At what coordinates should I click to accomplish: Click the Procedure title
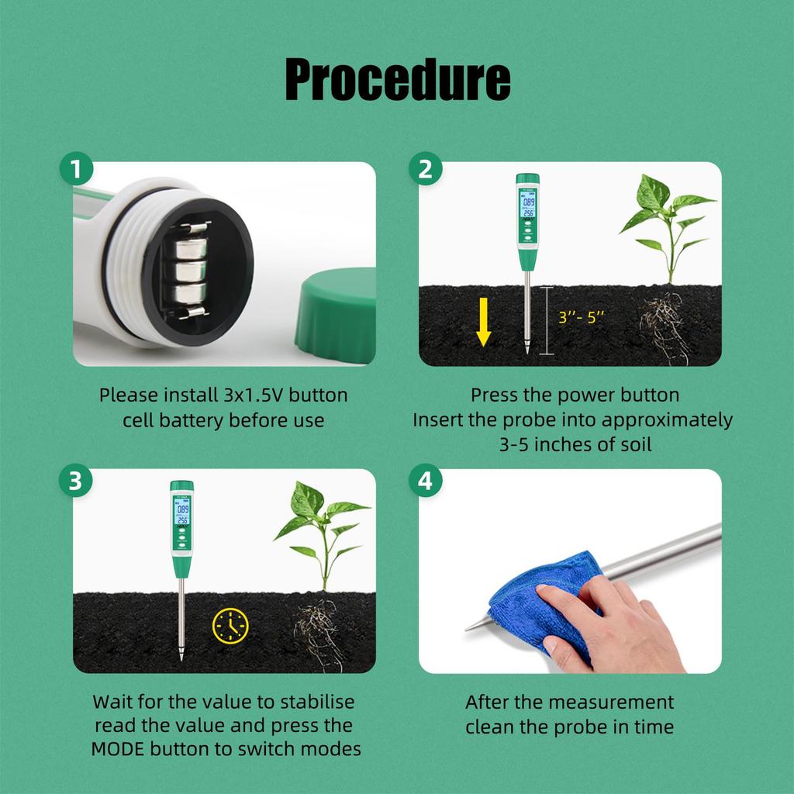pos(397,79)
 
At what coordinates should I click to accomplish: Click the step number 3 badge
pos(76,481)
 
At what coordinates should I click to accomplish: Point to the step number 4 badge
pos(426,481)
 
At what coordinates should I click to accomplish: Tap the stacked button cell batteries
pos(188,271)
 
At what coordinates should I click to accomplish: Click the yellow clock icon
pos(230,625)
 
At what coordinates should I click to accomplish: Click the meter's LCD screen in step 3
pos(182,512)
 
